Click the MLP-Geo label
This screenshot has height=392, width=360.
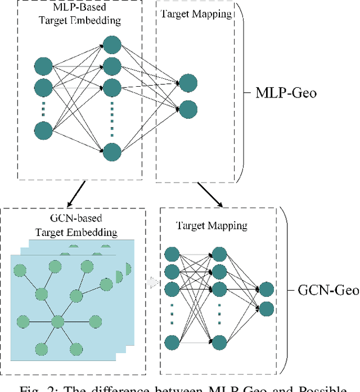[x=286, y=92]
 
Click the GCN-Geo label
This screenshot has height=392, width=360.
[x=328, y=290]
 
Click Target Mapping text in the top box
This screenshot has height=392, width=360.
[x=196, y=15]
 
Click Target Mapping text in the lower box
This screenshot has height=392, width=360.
[x=211, y=226]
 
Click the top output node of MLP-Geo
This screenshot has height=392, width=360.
[x=188, y=83]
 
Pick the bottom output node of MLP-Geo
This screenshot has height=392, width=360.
[x=188, y=108]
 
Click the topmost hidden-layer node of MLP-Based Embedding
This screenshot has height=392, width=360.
[x=112, y=46]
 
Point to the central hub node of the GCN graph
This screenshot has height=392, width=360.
[x=57, y=322]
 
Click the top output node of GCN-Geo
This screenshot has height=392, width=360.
[x=266, y=289]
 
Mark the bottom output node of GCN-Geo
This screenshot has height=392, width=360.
[x=266, y=308]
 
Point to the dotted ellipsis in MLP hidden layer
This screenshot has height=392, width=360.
[x=112, y=118]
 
